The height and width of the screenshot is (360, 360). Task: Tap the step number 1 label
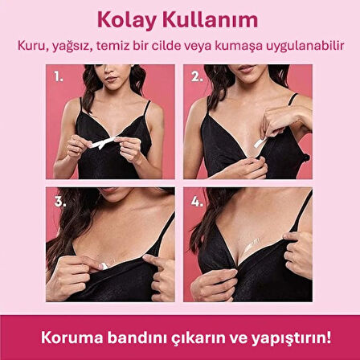pyautogui.click(x=59, y=78)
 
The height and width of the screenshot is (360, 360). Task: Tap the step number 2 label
pyautogui.click(x=196, y=78)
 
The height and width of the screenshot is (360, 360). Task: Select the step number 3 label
pyautogui.click(x=59, y=202)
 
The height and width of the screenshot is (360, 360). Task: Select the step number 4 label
pyautogui.click(x=196, y=202)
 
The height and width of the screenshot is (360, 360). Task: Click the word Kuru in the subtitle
pyautogui.click(x=31, y=45)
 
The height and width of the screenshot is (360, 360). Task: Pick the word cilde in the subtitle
pyautogui.click(x=175, y=45)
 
